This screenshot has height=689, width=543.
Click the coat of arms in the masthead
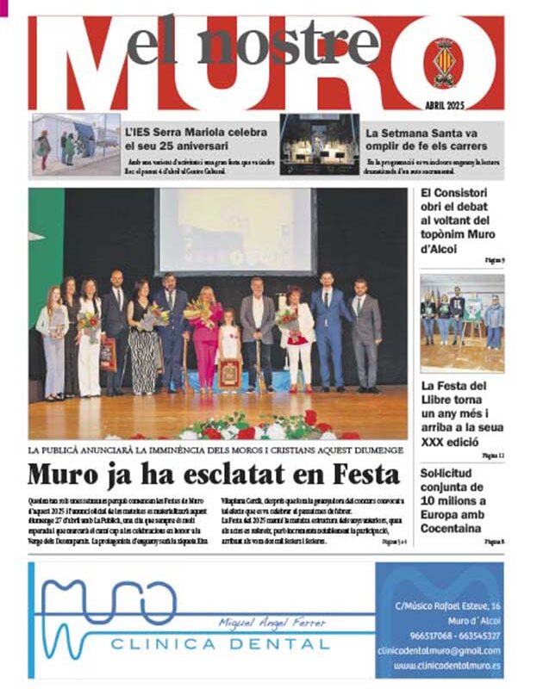tap(443, 63)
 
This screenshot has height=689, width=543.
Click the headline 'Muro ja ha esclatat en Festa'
tap(214, 475)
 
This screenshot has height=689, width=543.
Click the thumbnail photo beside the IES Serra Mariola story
tap(77, 144)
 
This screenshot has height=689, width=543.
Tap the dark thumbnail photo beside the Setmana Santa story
tap(319, 144)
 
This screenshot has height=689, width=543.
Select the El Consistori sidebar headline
tap(462, 221)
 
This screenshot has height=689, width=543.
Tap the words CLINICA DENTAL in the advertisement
tap(220, 643)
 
